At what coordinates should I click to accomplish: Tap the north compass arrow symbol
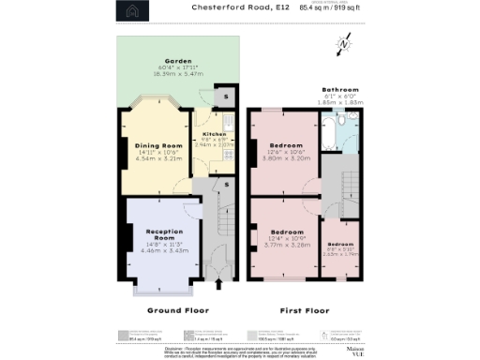click(346, 44)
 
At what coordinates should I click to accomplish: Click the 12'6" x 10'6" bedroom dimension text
click(286, 153)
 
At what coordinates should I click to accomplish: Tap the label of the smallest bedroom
click(339, 245)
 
